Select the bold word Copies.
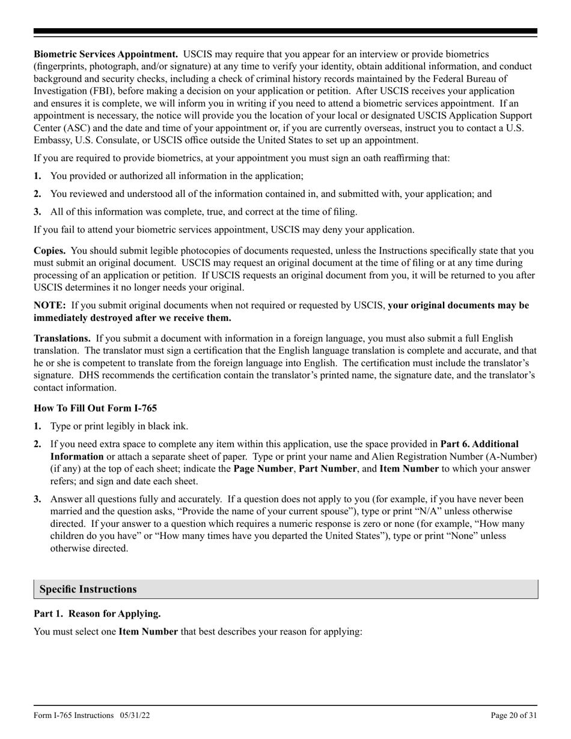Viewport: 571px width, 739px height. point(49,251)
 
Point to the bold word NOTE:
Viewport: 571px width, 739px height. point(50,305)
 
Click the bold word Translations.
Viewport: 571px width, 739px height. point(62,339)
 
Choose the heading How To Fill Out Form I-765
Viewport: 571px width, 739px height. point(95,409)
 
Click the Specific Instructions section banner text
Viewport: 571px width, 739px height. point(88,589)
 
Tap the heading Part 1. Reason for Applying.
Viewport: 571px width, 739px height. point(97,614)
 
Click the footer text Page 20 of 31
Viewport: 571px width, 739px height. point(514,716)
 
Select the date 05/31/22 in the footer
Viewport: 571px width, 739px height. point(135,716)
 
